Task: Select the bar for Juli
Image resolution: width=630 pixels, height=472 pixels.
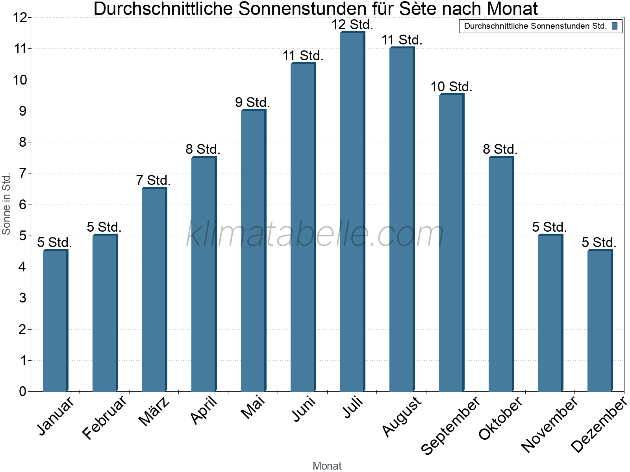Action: click(x=352, y=212)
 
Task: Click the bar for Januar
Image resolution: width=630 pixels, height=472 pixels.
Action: click(x=55, y=321)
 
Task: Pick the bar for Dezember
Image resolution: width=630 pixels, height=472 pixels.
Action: click(x=600, y=321)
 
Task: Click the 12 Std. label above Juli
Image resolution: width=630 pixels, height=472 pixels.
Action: click(x=352, y=25)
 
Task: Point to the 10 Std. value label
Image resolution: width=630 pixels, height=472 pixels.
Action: click(x=451, y=87)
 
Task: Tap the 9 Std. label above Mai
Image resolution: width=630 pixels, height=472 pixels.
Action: click(x=252, y=103)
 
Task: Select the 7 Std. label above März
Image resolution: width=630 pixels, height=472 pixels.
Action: click(x=153, y=181)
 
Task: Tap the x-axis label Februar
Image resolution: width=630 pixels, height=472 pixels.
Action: click(x=105, y=417)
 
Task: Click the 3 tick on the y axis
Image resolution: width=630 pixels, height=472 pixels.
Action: click(x=22, y=298)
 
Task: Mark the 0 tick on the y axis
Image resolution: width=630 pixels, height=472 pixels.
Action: click(x=22, y=391)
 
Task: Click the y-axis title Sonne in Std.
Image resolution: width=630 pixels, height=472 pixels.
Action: click(x=6, y=205)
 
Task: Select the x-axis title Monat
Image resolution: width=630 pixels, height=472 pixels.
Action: click(x=327, y=466)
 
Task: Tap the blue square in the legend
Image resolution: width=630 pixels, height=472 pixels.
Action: click(x=614, y=26)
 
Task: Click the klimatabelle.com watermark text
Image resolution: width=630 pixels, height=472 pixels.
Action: click(x=315, y=234)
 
